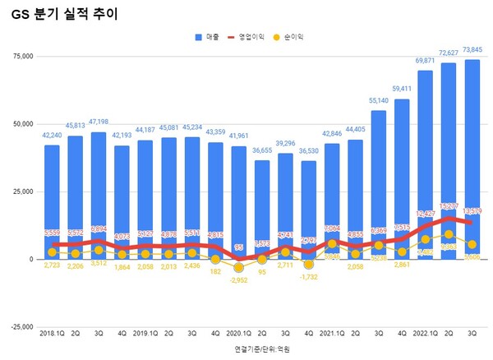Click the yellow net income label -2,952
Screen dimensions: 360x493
(238, 280)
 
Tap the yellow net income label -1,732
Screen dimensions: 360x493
(309, 279)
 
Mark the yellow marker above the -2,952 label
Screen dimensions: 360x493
(238, 267)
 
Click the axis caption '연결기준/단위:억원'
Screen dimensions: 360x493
(261, 349)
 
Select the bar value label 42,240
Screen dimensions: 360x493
(52, 136)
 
